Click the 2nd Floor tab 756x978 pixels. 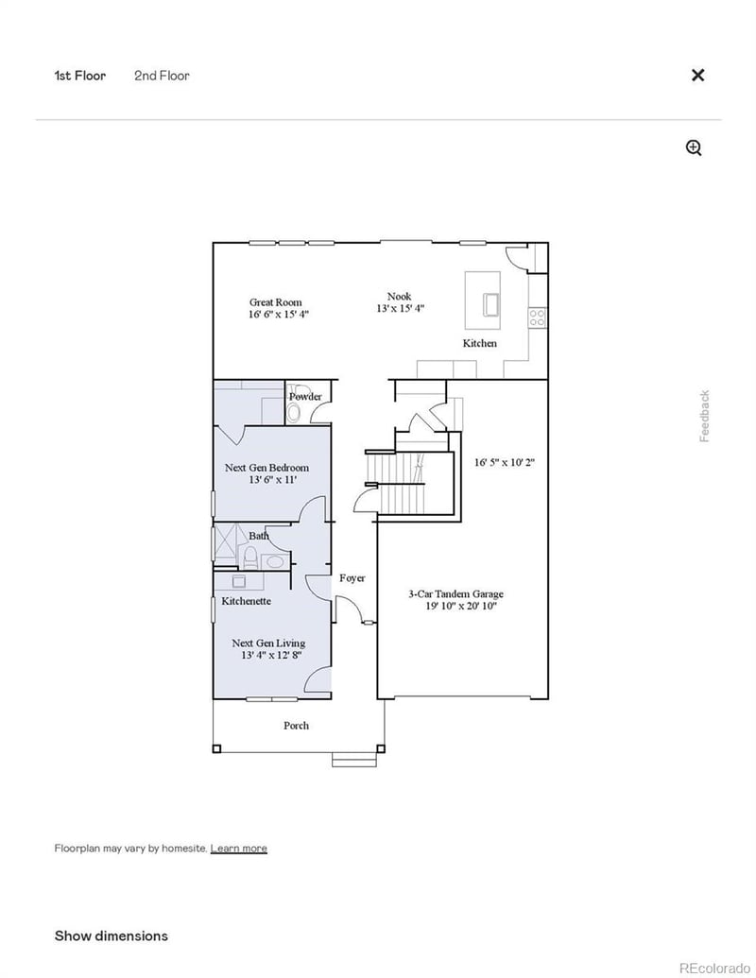tap(162, 76)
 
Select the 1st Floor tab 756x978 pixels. tap(80, 76)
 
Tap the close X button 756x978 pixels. tap(697, 76)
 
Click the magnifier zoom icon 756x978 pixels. tap(694, 147)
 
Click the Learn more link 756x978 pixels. tap(238, 849)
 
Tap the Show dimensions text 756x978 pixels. tap(111, 935)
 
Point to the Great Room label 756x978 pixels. tap(276, 302)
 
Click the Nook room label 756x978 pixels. tap(399, 297)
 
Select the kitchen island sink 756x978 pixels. tap(491, 303)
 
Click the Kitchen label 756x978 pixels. tap(479, 344)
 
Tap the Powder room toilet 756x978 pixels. tap(294, 413)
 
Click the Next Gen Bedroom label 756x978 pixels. tap(266, 468)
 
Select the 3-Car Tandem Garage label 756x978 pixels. tap(455, 594)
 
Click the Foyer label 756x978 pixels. tap(352, 578)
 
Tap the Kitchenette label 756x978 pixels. tap(247, 601)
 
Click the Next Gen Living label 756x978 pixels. tap(268, 643)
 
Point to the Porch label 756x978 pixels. tap(297, 726)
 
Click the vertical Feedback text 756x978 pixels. tap(704, 416)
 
